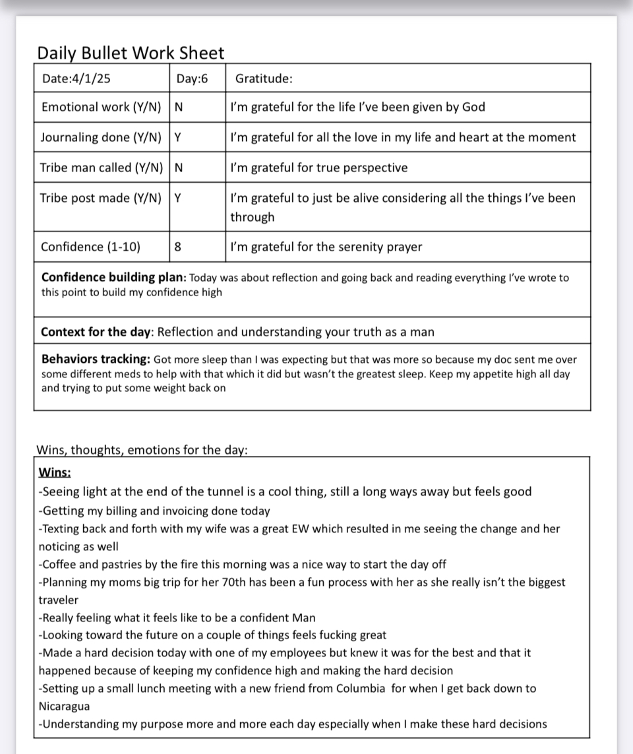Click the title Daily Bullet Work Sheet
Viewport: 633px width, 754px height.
pyautogui.click(x=131, y=53)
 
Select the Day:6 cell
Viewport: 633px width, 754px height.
pyautogui.click(x=192, y=79)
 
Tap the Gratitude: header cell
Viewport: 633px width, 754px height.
pyautogui.click(x=264, y=79)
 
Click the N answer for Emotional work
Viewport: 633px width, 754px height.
pyautogui.click(x=179, y=107)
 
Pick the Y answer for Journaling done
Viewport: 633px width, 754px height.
pyautogui.click(x=178, y=137)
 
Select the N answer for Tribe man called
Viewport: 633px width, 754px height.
pyautogui.click(x=179, y=168)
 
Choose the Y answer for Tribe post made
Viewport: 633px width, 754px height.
pyautogui.click(x=178, y=198)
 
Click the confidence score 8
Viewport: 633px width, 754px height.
pyautogui.click(x=178, y=247)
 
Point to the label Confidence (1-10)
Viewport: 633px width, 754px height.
pyautogui.click(x=90, y=247)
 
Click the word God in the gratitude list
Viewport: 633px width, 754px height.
pyautogui.click(x=473, y=107)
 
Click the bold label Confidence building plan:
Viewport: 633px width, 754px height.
pyautogui.click(x=113, y=278)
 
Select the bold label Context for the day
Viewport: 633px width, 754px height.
pyautogui.click(x=96, y=332)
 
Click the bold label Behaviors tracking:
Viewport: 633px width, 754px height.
pyautogui.click(x=96, y=360)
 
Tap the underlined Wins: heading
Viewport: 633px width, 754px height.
pyautogui.click(x=55, y=472)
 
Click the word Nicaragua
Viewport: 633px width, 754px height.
pyautogui.click(x=64, y=706)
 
